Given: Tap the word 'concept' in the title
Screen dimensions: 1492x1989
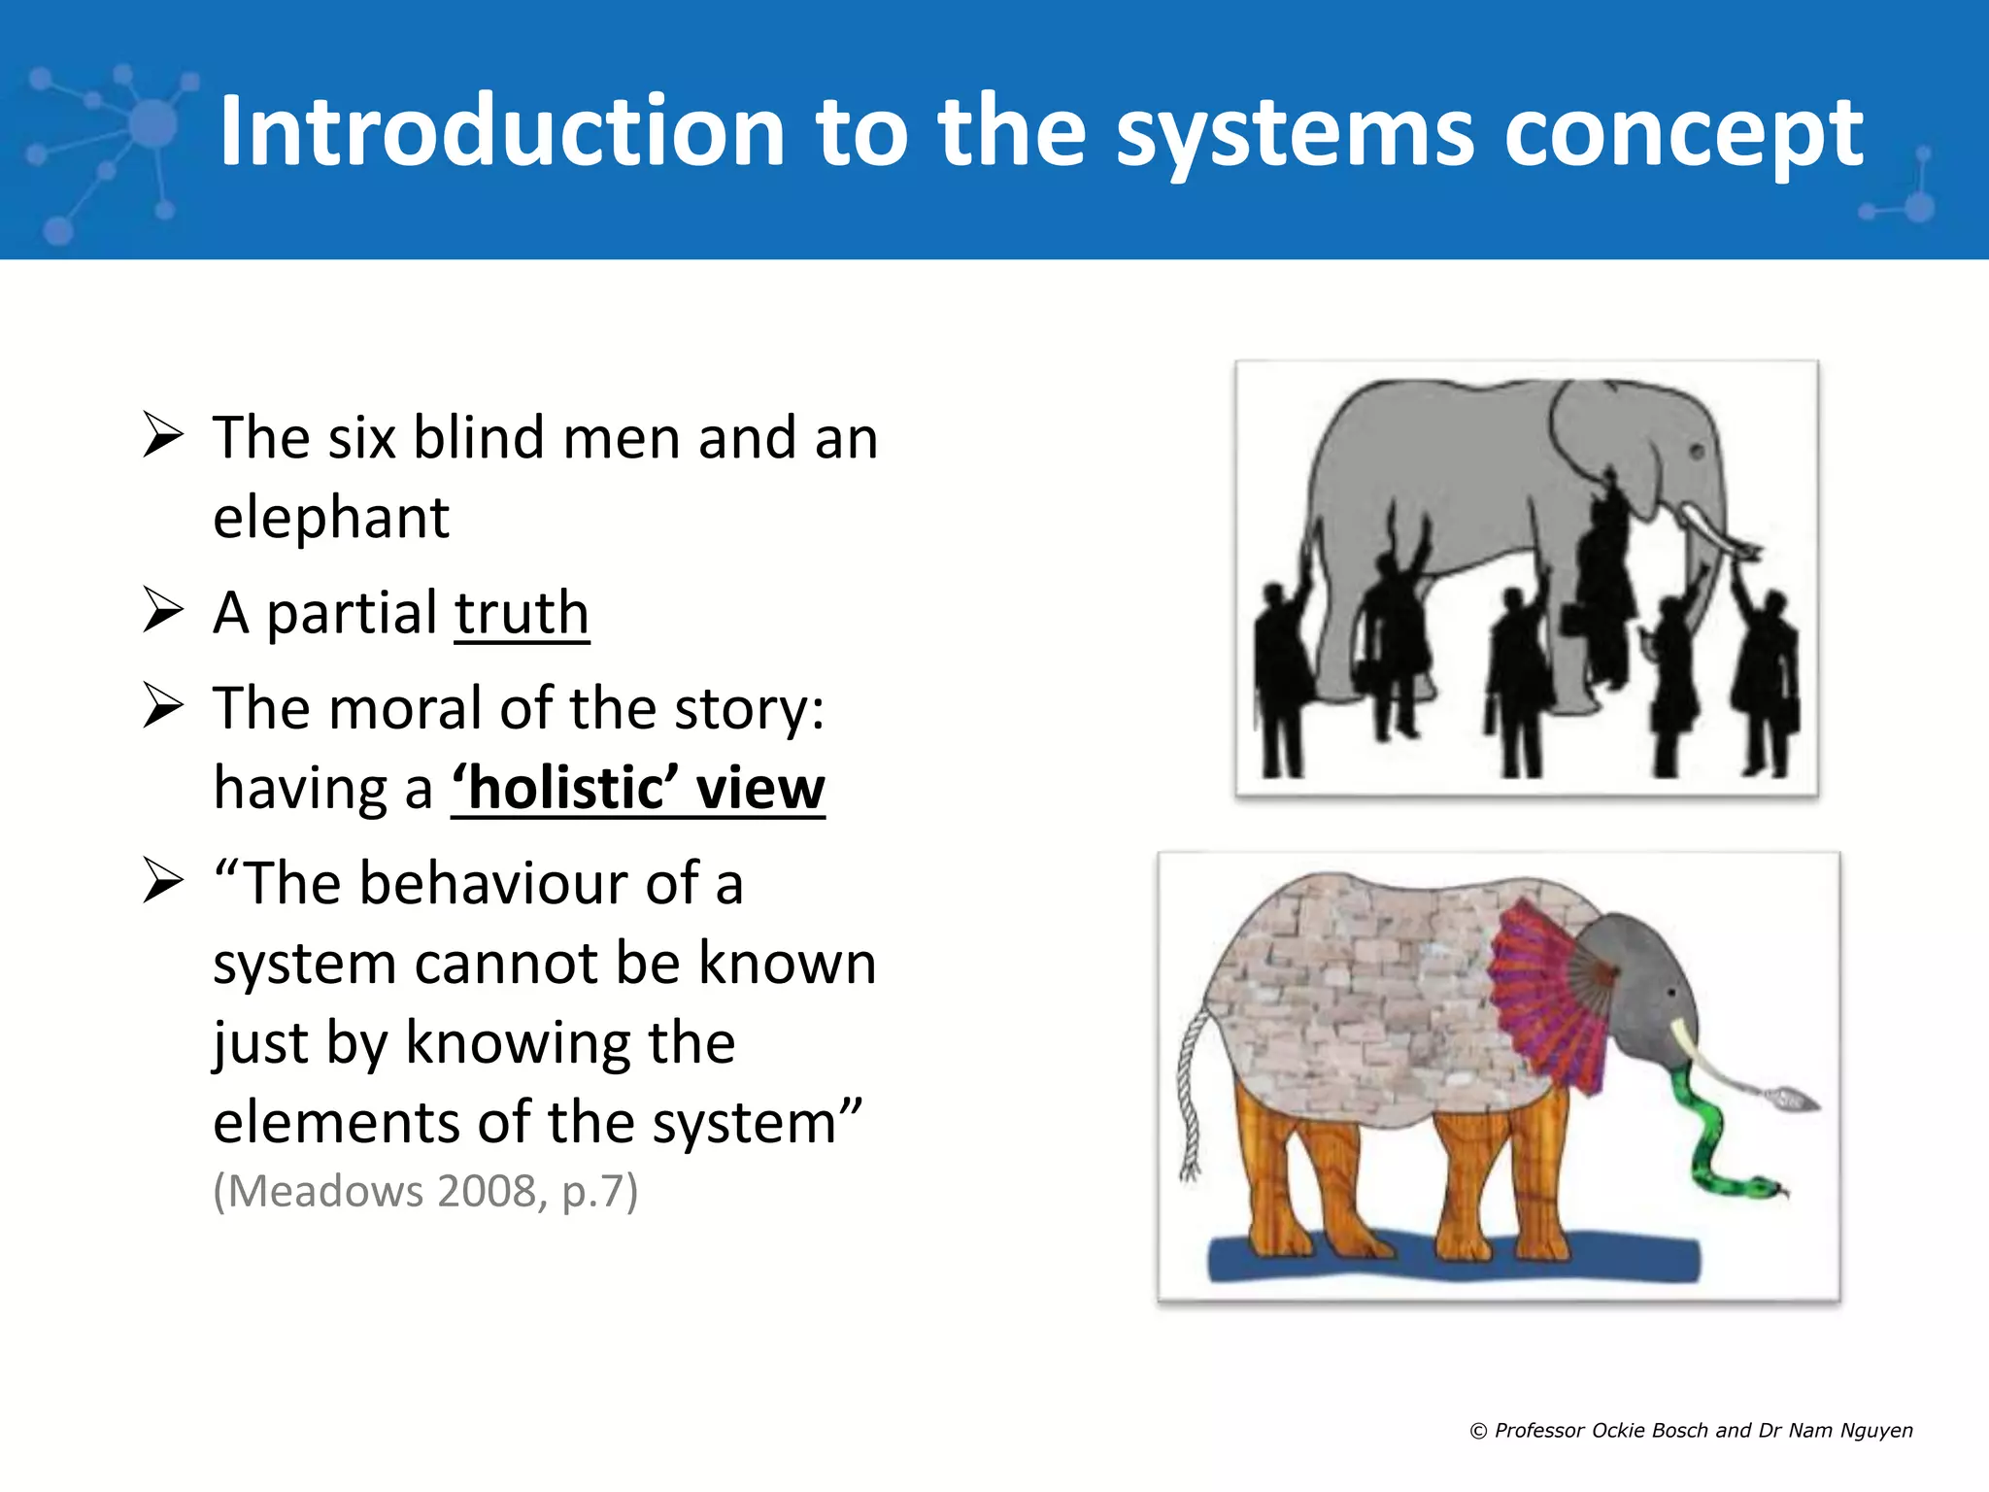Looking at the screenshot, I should pyautogui.click(x=1683, y=134).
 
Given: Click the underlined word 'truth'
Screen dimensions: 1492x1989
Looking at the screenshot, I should pyautogui.click(x=522, y=613).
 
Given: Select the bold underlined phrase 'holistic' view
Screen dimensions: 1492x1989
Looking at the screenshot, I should pyautogui.click(x=638, y=787).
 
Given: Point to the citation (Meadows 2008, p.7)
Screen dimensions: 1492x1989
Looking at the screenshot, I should pyautogui.click(x=425, y=1191).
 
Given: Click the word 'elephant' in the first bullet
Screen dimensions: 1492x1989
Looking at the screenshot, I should pyautogui.click(x=331, y=517).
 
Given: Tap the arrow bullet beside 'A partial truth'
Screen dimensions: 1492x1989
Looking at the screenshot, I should pyautogui.click(x=162, y=610).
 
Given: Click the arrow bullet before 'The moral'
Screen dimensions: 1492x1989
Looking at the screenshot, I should pyautogui.click(x=162, y=705).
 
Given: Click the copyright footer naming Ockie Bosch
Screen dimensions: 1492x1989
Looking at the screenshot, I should pyautogui.click(x=1691, y=1430).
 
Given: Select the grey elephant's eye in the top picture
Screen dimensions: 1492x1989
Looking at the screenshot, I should pyautogui.click(x=1697, y=452).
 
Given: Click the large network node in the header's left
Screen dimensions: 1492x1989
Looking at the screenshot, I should pyautogui.click(x=152, y=124).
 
